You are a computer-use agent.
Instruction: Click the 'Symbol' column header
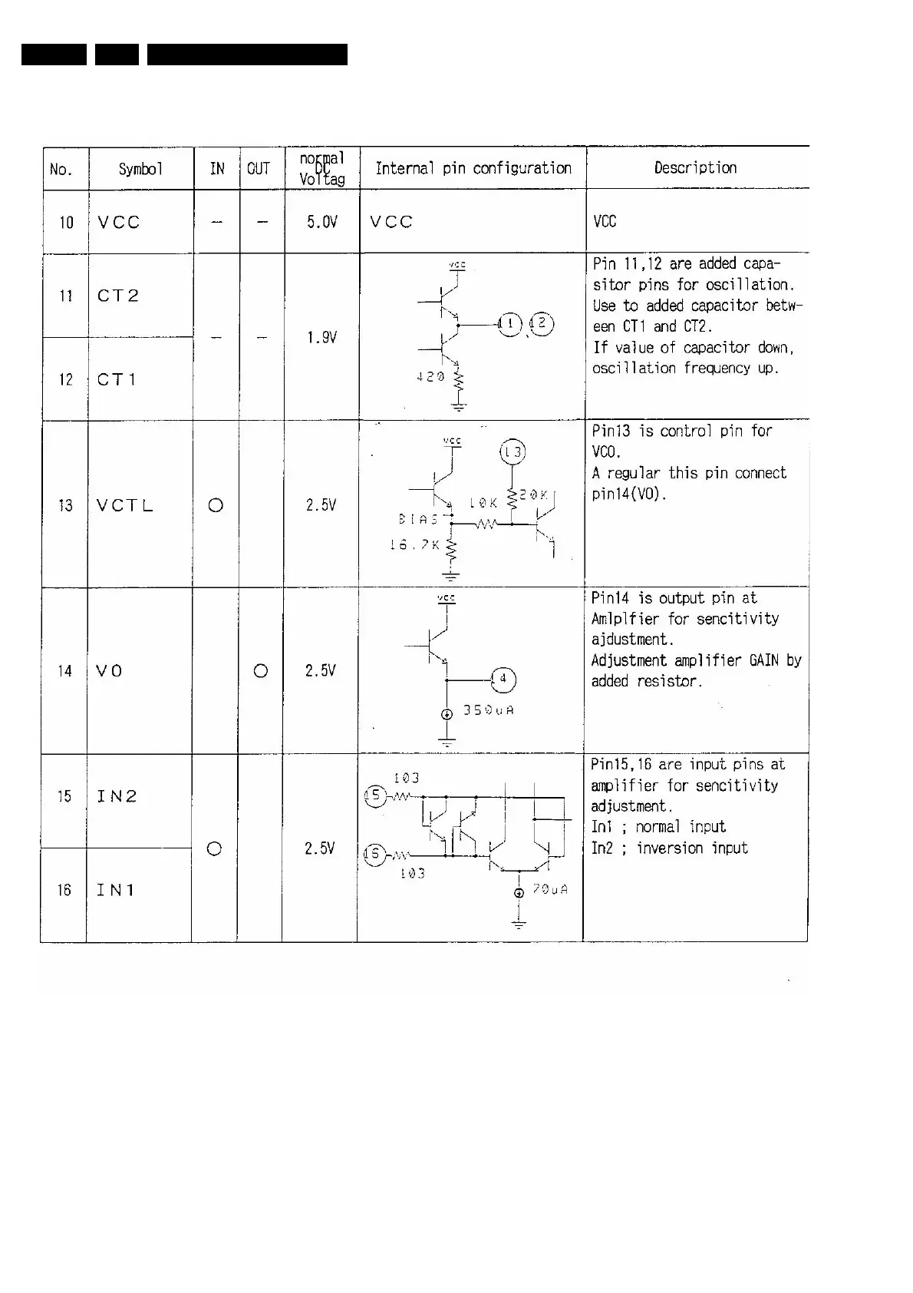click(140, 169)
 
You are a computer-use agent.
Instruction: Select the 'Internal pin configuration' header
click(473, 168)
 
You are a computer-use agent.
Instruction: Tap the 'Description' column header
click(695, 167)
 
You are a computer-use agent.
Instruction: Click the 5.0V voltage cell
click(322, 222)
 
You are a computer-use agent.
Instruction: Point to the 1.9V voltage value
click(322, 337)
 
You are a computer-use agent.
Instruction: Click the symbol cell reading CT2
click(118, 296)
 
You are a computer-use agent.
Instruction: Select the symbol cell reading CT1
click(117, 379)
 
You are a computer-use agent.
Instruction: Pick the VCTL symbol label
click(125, 505)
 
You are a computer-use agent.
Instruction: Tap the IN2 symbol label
click(117, 796)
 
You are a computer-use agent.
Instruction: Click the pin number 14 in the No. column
click(64, 671)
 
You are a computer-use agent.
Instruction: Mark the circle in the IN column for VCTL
click(216, 505)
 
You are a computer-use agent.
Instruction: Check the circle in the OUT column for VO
click(261, 671)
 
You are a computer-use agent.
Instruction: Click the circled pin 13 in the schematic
click(513, 451)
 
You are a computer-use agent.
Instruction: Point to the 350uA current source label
click(489, 710)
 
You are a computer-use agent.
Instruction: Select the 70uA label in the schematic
click(550, 889)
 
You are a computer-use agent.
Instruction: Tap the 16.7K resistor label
click(414, 544)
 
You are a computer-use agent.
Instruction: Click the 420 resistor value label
click(430, 377)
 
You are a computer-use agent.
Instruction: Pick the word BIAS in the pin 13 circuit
click(418, 519)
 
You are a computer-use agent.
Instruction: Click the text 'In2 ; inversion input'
click(669, 848)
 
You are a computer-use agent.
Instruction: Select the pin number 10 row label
click(67, 223)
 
